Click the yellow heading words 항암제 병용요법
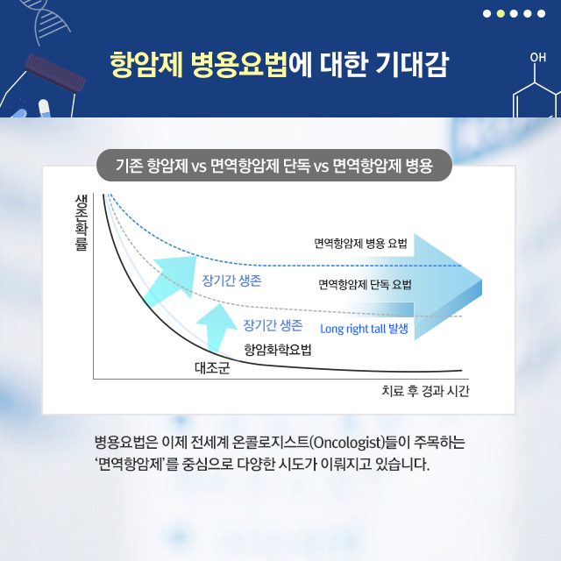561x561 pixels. [199, 64]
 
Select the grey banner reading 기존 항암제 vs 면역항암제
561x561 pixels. [274, 166]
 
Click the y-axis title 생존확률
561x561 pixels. [82, 222]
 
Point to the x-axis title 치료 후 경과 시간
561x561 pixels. [425, 391]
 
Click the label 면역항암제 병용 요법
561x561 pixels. [360, 244]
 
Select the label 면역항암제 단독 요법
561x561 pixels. [365, 285]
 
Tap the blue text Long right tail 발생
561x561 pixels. [364, 329]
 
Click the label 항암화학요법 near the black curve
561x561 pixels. [278, 350]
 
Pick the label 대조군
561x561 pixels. [212, 368]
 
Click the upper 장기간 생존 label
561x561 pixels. [231, 280]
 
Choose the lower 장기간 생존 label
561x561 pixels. [273, 325]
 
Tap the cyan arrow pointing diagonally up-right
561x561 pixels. [171, 280]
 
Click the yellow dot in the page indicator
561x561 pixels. [501, 14]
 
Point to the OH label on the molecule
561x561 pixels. [537, 58]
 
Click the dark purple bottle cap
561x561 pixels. [55, 73]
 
